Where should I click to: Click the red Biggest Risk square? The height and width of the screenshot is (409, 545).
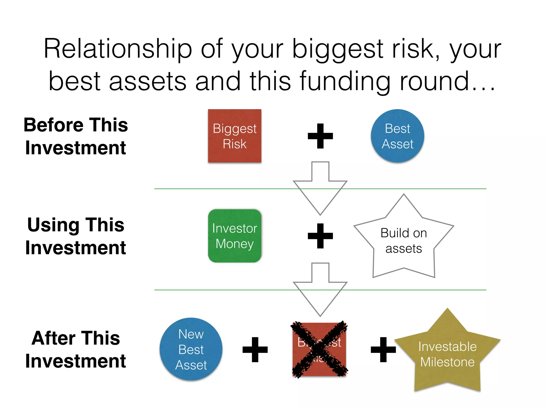click(234, 136)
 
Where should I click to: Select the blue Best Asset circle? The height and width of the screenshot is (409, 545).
click(397, 136)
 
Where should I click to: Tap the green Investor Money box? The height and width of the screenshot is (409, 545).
click(234, 236)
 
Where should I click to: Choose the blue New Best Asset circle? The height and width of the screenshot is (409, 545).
click(191, 349)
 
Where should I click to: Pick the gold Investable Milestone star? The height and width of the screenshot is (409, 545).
click(447, 354)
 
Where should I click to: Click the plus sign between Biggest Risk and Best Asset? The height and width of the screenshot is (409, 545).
click(320, 136)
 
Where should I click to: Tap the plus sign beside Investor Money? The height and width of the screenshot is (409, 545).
click(320, 236)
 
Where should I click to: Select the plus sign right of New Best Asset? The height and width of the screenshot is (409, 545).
click(255, 350)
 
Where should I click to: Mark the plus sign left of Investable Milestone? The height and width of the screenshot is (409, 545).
click(383, 350)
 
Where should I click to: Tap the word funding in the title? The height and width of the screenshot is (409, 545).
click(345, 81)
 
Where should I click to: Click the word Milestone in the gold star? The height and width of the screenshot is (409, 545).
click(447, 362)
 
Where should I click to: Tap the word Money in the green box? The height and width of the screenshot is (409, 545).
click(234, 244)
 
